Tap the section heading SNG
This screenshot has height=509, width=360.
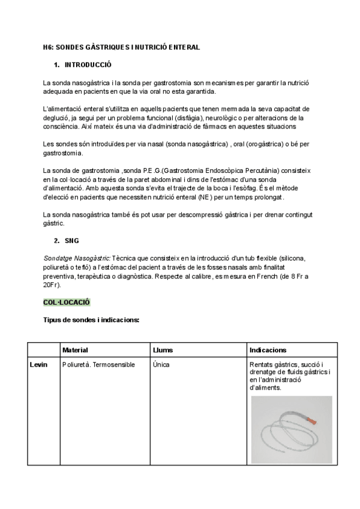pyautogui.click(x=71, y=241)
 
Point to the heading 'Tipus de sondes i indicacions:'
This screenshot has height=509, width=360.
pyautogui.click(x=91, y=320)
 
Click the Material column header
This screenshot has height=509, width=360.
pyautogui.click(x=75, y=350)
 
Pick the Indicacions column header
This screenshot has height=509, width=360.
pyautogui.click(x=268, y=350)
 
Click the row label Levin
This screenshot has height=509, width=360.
pyautogui.click(x=38, y=364)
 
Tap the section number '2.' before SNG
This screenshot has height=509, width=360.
pyautogui.click(x=56, y=241)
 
